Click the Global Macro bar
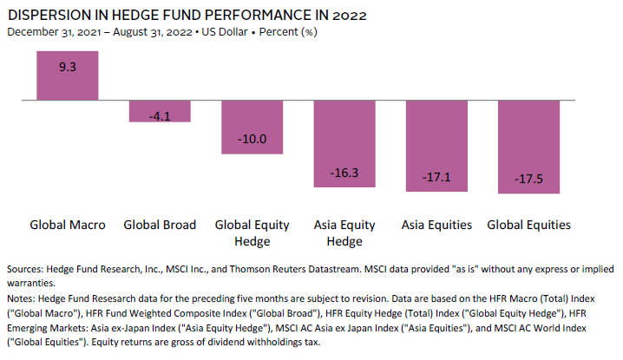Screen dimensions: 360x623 coord(68,76)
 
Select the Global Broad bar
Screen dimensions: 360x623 coord(160,112)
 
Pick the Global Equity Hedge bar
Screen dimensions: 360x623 coord(252,128)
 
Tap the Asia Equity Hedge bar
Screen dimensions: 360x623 coord(344,144)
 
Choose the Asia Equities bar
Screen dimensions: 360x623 coord(436,146)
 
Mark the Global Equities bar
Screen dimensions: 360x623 coord(528,147)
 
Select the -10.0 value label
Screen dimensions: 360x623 coord(252,139)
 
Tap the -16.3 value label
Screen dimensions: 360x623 coord(344,173)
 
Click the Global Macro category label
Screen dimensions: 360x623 coord(68,225)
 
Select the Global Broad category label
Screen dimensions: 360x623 coord(160,225)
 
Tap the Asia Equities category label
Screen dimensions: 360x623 coord(436,225)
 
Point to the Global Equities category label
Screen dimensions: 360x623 coord(528,225)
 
